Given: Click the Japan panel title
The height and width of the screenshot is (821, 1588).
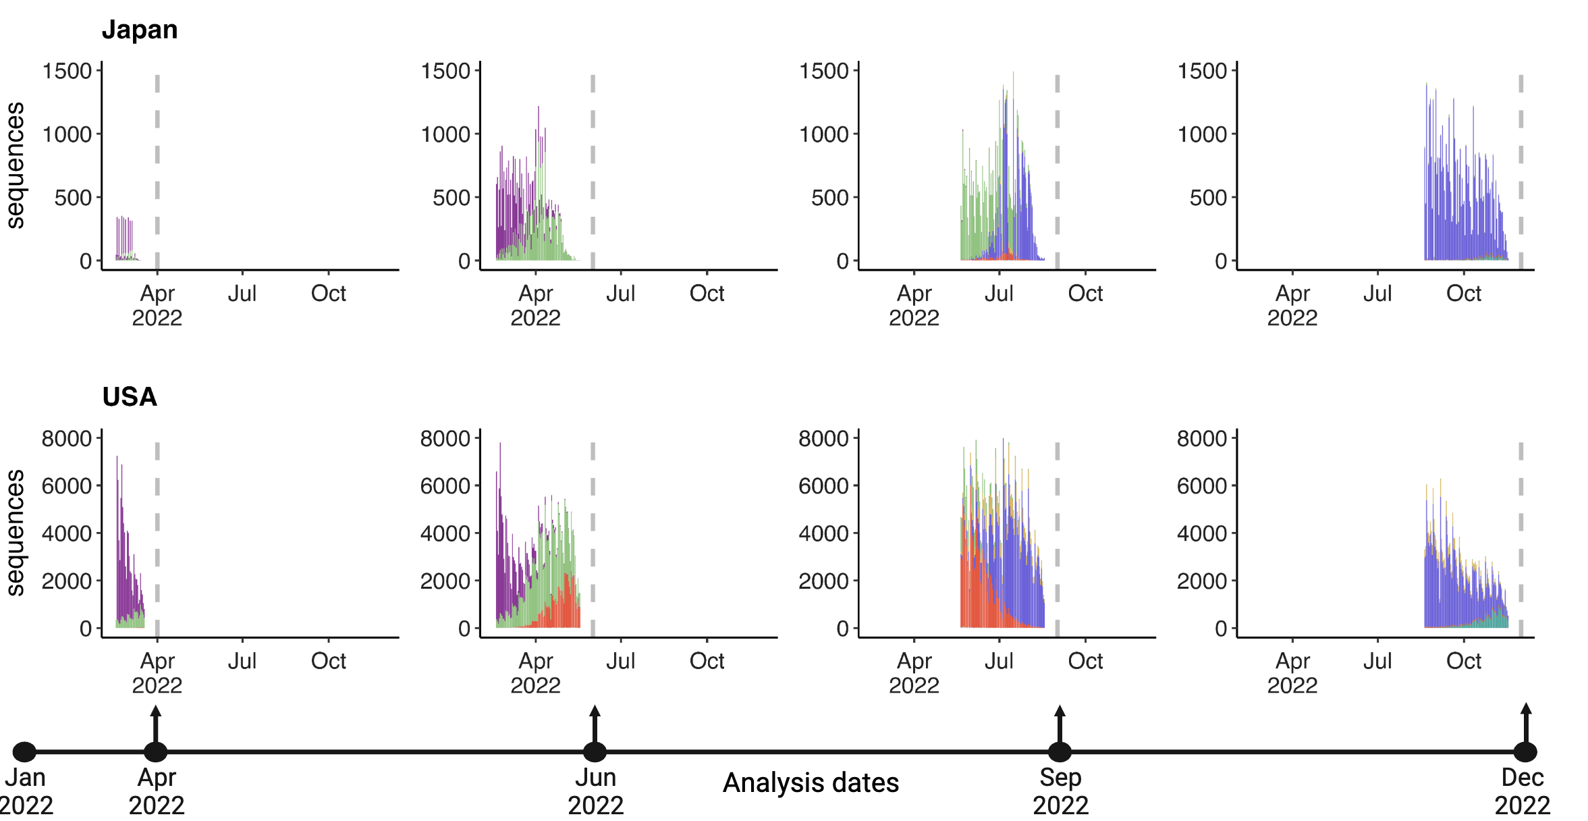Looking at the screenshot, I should point(140,30).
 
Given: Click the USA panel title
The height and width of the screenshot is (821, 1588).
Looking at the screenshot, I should point(130,397).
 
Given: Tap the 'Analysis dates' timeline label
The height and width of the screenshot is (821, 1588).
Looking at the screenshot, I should point(811,783).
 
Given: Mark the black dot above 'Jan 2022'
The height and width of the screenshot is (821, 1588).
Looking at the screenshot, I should point(24,751).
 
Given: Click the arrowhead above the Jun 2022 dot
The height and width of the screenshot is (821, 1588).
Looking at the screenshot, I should point(595,711).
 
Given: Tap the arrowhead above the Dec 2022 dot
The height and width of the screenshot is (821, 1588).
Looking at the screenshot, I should point(1526,709).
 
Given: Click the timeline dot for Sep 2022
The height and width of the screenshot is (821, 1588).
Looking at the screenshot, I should point(1060,751).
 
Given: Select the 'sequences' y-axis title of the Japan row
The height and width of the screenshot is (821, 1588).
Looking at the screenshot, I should point(15,165).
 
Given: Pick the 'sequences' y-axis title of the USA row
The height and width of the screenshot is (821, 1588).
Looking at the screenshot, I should point(15,533).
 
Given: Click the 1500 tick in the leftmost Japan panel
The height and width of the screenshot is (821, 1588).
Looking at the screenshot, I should point(67,71).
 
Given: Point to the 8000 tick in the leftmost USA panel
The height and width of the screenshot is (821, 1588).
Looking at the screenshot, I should point(67,439).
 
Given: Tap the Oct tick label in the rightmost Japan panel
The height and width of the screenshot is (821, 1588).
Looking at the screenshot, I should point(1463,294).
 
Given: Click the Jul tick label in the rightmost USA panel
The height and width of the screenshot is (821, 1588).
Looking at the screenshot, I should point(1377,661).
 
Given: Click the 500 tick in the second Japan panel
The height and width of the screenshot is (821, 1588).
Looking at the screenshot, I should point(451,198).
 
